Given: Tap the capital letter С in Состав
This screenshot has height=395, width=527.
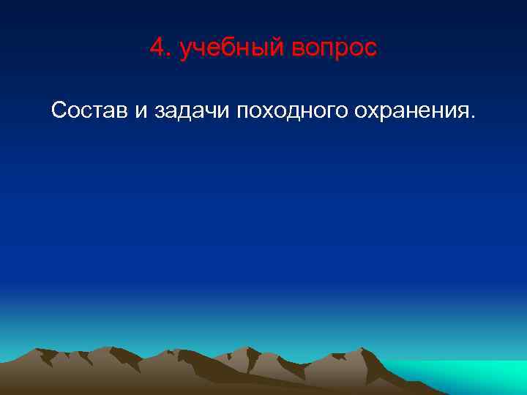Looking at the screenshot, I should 59,110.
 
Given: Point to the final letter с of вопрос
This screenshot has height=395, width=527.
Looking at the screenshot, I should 370,50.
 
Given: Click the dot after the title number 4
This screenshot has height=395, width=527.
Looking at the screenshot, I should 168,56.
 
